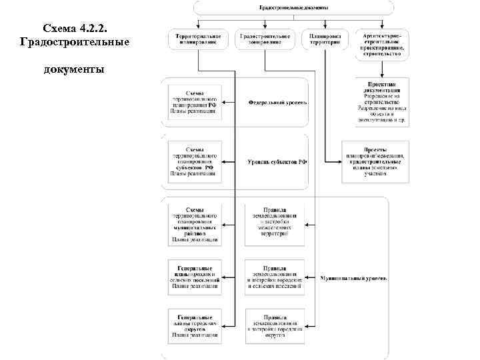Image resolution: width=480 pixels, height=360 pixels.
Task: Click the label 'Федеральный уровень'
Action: point(277,103)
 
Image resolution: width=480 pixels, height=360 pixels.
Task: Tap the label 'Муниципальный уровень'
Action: point(353,277)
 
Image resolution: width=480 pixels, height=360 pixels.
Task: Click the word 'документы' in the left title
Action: point(73,69)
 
